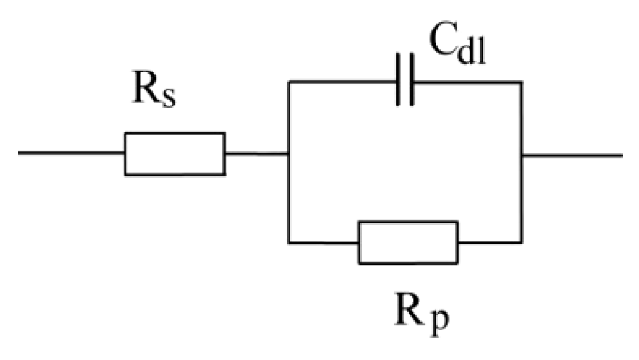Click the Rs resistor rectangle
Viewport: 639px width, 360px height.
click(175, 154)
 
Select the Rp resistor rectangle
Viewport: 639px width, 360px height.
click(407, 242)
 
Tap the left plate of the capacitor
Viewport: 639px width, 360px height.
click(398, 81)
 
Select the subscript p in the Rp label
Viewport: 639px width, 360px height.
click(439, 326)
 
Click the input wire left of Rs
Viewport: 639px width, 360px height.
click(71, 153)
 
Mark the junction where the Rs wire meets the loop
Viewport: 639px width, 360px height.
click(289, 154)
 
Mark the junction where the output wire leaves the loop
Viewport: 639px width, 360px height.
click(521, 156)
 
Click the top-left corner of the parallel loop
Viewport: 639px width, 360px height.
click(289, 82)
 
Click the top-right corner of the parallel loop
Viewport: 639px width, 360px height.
click(521, 82)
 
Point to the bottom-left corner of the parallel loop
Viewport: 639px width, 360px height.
click(289, 242)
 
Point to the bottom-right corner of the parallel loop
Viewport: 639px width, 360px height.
click(521, 242)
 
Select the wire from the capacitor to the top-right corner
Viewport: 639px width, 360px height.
click(467, 82)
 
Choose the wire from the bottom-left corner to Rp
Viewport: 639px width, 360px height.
click(323, 242)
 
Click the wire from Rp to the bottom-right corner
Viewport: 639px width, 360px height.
click(489, 242)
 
